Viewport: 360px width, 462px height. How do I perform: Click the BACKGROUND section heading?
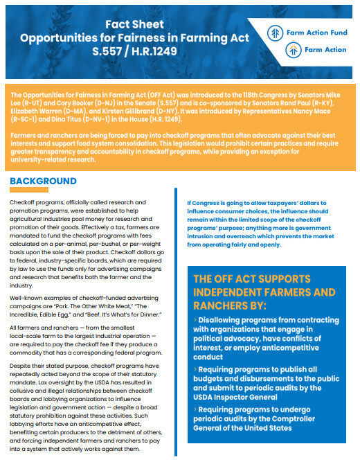(53, 181)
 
